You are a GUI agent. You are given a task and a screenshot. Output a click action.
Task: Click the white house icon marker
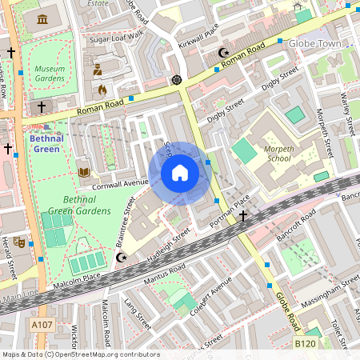(x=180, y=173)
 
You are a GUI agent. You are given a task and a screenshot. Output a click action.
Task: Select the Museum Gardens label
(x=50, y=74)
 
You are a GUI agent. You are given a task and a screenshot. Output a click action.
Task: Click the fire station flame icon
(x=102, y=90)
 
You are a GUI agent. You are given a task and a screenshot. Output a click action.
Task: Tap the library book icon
(x=84, y=171)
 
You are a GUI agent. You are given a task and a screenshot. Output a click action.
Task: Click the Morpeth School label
(x=279, y=153)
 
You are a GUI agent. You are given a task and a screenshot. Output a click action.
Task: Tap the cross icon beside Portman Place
(x=242, y=216)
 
